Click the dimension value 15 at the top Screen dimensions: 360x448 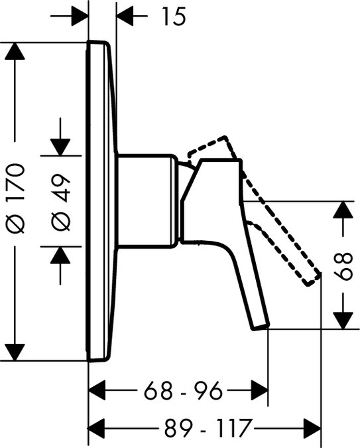174,17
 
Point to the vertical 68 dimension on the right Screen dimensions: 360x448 343,266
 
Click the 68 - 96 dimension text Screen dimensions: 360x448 183,390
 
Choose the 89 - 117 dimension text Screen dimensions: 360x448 209,427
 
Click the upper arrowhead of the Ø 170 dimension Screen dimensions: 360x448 15,51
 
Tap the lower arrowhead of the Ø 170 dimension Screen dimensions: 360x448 15,352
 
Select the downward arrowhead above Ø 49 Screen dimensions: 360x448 60,147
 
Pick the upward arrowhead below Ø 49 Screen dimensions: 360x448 60,255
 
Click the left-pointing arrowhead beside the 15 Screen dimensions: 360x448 125,17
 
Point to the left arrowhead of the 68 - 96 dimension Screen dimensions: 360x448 97,390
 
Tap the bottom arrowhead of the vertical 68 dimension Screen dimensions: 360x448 343,321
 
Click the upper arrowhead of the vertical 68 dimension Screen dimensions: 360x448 343,210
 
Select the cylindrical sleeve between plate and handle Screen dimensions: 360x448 148,201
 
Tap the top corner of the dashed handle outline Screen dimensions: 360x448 226,136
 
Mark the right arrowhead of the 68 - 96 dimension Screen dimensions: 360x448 259,390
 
